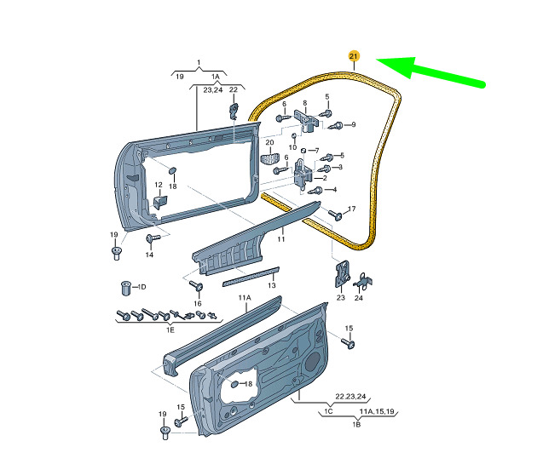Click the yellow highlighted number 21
(x=354, y=56)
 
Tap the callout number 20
(x=269, y=142)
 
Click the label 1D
(x=142, y=287)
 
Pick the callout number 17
(x=350, y=209)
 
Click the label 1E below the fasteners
(x=170, y=329)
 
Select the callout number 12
(x=158, y=185)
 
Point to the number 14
(x=149, y=255)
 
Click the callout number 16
(x=197, y=303)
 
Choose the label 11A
(x=245, y=298)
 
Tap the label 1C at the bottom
(x=328, y=411)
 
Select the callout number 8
(x=303, y=103)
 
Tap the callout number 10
(x=293, y=147)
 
